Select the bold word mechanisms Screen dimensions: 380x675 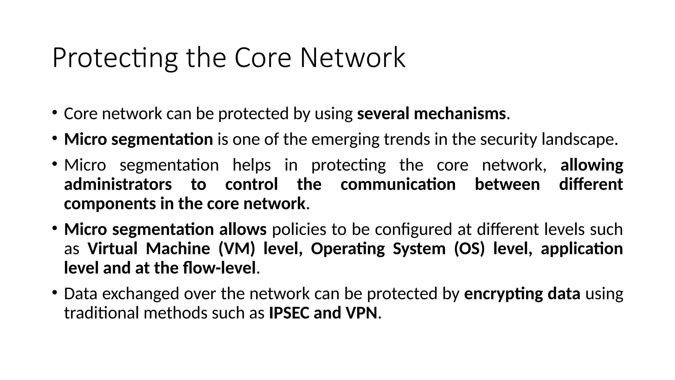(460, 113)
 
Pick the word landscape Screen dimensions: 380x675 (580, 139)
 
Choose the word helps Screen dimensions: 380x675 (252, 165)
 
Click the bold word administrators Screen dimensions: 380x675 (118, 184)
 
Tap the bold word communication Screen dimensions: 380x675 (398, 184)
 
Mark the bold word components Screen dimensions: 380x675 (110, 204)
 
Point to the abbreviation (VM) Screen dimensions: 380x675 (237, 249)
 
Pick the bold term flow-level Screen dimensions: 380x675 (219, 268)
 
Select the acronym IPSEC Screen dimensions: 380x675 (289, 313)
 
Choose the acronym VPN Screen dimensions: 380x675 (361, 313)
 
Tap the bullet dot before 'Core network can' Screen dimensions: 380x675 (54, 112)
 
